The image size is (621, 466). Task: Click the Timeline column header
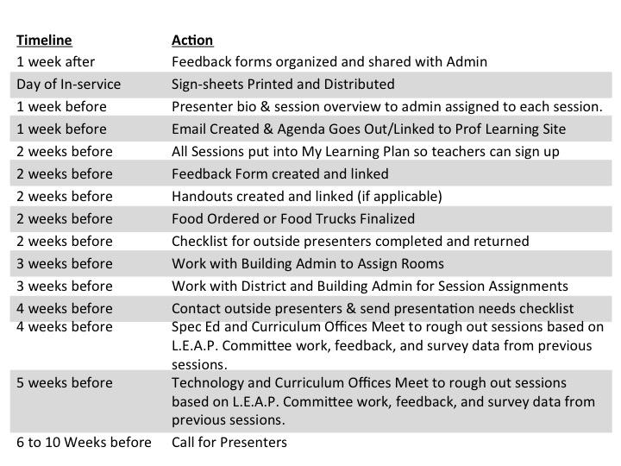44,40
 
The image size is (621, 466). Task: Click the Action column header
192,40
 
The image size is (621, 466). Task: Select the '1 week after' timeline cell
56,62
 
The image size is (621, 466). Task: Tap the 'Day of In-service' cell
68,85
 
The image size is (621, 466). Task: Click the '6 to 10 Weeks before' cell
84,443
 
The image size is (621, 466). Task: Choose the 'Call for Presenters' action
229,443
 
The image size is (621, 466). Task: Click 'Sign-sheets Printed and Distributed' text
283,85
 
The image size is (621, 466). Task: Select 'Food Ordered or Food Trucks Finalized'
293,219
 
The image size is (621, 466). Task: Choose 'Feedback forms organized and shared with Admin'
329,62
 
